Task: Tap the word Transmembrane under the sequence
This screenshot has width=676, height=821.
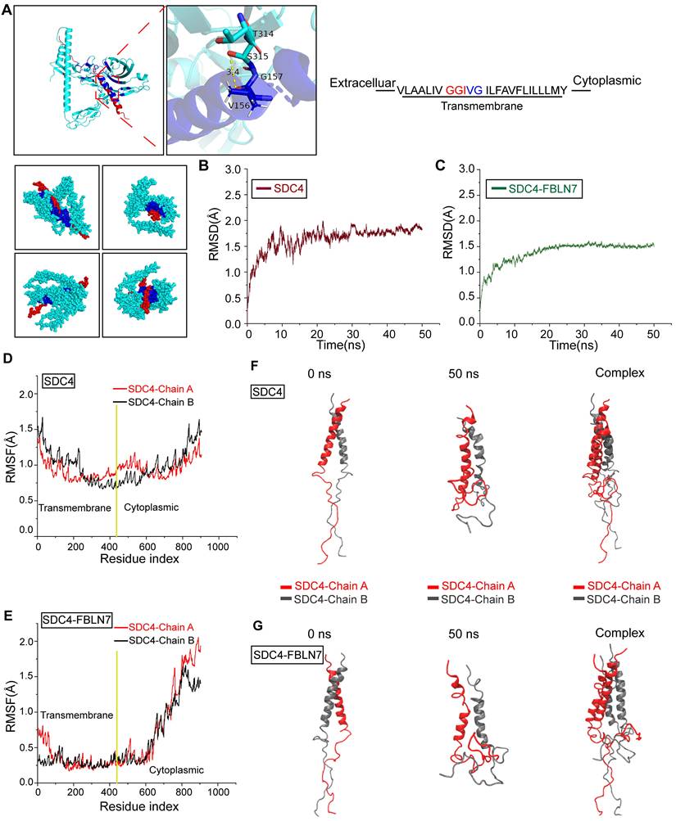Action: tap(481, 106)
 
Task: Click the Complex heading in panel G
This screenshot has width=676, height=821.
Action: tap(620, 633)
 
